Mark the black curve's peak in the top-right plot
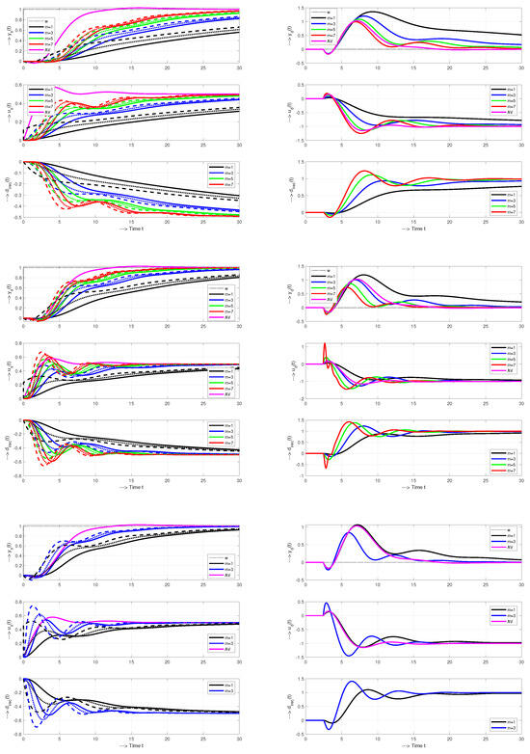(371, 13)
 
